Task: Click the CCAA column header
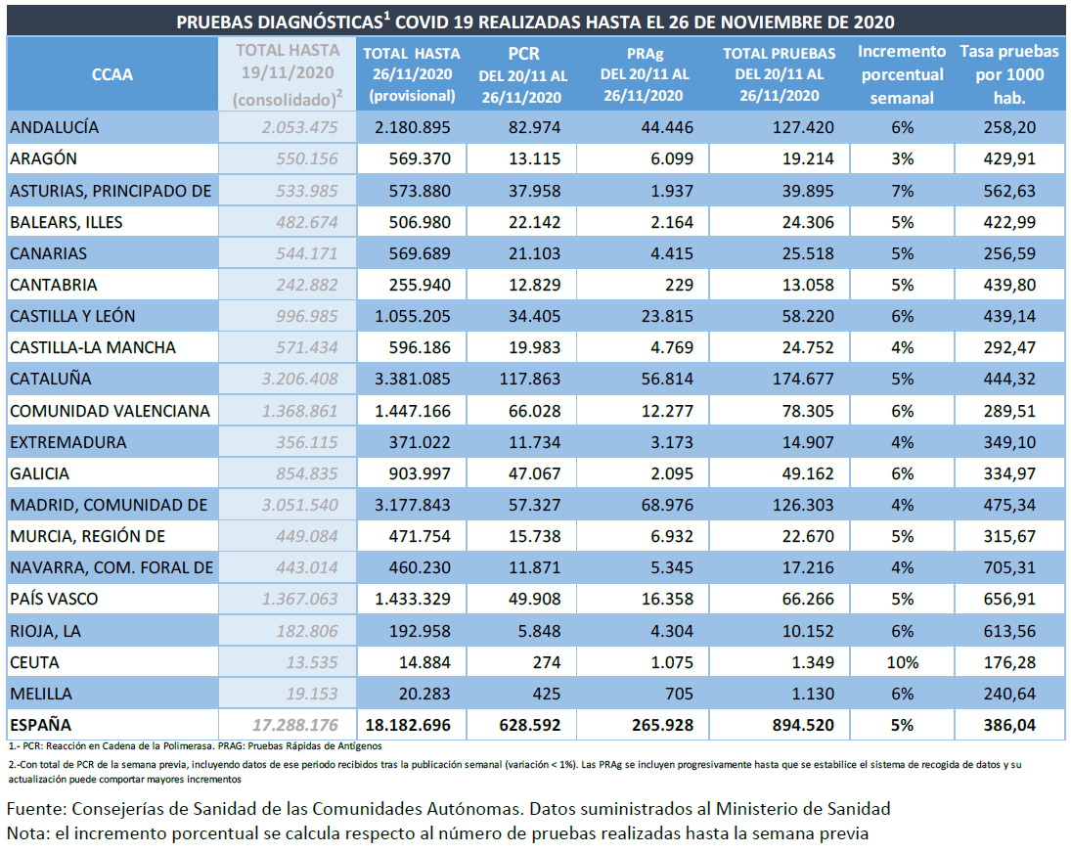point(112,73)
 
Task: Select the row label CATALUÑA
point(51,379)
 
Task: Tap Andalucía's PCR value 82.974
point(529,128)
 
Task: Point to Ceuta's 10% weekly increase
point(903,662)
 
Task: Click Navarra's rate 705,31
point(1009,567)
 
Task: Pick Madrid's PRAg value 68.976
point(667,506)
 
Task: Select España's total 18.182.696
point(408,725)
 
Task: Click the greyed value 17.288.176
point(295,725)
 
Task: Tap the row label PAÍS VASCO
point(54,599)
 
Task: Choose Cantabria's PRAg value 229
point(679,285)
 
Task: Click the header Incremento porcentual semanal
point(902,74)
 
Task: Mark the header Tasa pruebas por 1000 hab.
point(1009,74)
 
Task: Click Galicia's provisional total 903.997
point(420,474)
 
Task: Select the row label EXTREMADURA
point(68,442)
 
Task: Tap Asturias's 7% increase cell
point(903,191)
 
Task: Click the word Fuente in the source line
point(35,809)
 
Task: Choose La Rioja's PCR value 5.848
point(539,631)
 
